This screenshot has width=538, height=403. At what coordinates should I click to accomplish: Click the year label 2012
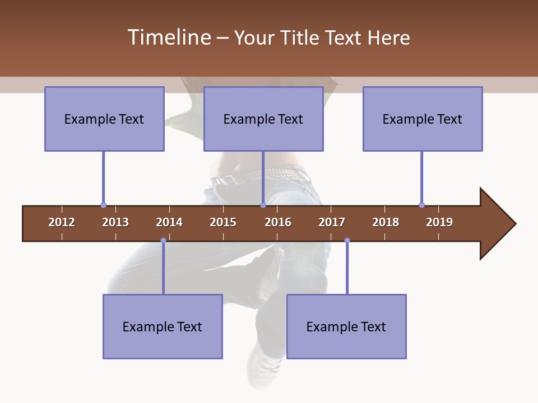point(62,222)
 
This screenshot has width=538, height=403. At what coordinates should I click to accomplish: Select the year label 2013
point(115,222)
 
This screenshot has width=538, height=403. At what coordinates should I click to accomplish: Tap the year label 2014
point(169,222)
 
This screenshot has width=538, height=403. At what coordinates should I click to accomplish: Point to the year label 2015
point(223,222)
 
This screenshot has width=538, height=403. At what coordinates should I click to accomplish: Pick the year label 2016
point(278,222)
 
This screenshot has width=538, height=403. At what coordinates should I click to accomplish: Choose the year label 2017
point(332,222)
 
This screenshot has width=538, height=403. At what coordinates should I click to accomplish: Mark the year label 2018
point(386,222)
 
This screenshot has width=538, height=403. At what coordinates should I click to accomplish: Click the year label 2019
point(439,222)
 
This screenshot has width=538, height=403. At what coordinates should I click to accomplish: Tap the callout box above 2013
point(104,119)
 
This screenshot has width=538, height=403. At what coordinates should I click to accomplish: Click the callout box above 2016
point(263,119)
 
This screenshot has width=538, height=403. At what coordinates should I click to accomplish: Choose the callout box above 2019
point(423,119)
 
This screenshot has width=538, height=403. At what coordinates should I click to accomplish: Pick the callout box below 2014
point(163,326)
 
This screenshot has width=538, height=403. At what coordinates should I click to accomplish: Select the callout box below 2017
point(346,326)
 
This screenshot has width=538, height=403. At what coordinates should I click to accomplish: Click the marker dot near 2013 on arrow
point(103,205)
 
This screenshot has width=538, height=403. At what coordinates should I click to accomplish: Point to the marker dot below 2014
point(163,241)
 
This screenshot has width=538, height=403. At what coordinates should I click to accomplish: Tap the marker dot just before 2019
point(421,205)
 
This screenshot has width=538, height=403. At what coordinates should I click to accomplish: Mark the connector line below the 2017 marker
point(347,269)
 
